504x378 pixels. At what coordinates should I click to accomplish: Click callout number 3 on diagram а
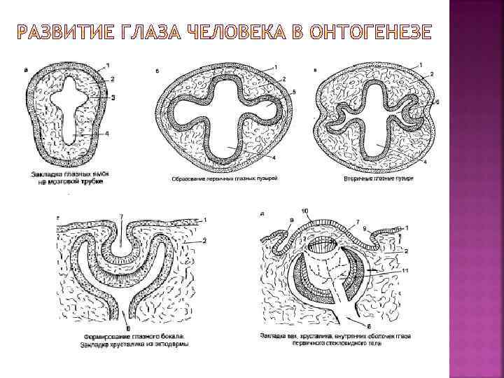click(x=113, y=98)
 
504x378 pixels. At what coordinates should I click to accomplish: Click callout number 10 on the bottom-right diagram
click(x=304, y=211)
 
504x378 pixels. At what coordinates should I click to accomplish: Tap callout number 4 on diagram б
click(x=274, y=157)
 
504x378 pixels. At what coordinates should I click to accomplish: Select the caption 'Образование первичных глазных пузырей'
click(x=225, y=178)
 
